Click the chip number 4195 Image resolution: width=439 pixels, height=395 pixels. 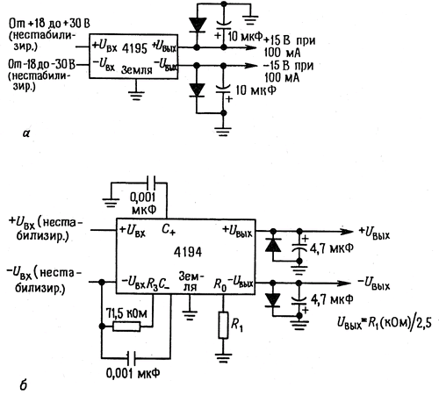[x=134, y=48]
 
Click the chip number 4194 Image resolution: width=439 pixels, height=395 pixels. [x=188, y=252]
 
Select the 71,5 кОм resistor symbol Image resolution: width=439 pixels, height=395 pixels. [x=126, y=327]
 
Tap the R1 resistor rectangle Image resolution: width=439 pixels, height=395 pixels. [x=223, y=325]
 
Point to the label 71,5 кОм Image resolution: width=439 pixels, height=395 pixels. [x=126, y=313]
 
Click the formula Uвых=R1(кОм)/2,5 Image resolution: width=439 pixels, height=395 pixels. [x=384, y=322]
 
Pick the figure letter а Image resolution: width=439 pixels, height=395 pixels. [x=26, y=133]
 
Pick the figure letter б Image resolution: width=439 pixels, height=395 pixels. [x=24, y=384]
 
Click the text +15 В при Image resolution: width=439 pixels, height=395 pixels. [x=289, y=40]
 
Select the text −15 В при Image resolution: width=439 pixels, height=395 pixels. [x=288, y=66]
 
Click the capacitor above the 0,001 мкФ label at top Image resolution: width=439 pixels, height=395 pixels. [x=151, y=183]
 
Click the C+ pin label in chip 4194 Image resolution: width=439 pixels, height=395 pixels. [x=169, y=230]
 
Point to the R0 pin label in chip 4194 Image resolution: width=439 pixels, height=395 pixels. [x=220, y=284]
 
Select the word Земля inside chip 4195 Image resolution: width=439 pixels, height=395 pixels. [x=137, y=69]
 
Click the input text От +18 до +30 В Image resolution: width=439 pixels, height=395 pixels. [x=49, y=23]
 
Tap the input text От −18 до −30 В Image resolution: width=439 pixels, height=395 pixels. [x=41, y=64]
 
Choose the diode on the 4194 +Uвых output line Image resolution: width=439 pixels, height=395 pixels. [x=273, y=246]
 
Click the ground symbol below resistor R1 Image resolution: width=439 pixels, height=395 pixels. [x=223, y=358]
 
